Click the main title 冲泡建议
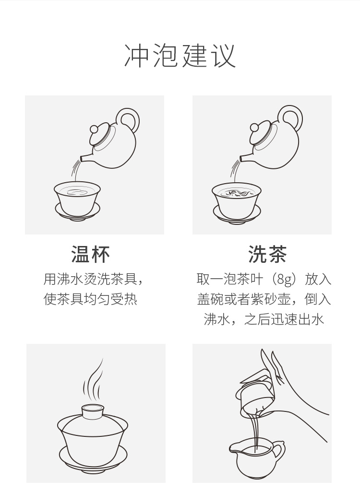coord(180,56)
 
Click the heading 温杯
coord(90,254)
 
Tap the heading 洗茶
coord(267,254)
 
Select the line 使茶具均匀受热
coord(90,299)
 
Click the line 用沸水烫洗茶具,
coord(93,279)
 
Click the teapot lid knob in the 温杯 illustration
coord(94,129)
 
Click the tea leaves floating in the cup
coord(236,193)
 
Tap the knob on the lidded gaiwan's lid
coord(93,410)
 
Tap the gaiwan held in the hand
coord(255,392)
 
